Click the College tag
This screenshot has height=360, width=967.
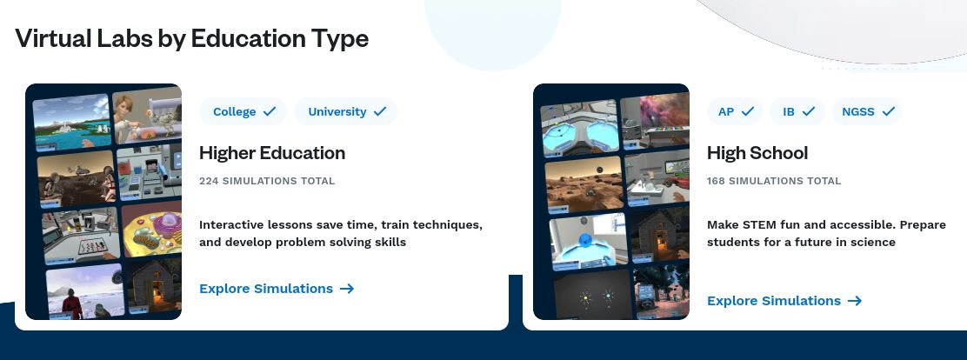pyautogui.click(x=243, y=111)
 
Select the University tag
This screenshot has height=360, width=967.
pyautogui.click(x=345, y=111)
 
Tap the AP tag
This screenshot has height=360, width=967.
pyautogui.click(x=735, y=111)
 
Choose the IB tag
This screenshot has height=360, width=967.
pyautogui.click(x=797, y=111)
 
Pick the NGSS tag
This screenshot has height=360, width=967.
pyautogui.click(x=866, y=111)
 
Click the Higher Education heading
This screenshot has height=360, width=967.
pyautogui.click(x=272, y=153)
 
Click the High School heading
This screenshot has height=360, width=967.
pyautogui.click(x=757, y=153)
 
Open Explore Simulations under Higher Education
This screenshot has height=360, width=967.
pyautogui.click(x=277, y=289)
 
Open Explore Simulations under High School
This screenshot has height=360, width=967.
pyautogui.click(x=784, y=301)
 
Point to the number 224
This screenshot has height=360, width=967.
pyautogui.click(x=209, y=181)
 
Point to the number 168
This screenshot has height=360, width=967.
pyautogui.click(x=716, y=181)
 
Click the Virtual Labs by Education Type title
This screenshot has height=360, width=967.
pyautogui.click(x=192, y=38)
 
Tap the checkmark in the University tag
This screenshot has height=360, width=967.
pyautogui.click(x=380, y=111)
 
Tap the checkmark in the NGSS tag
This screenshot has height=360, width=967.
pyautogui.click(x=888, y=111)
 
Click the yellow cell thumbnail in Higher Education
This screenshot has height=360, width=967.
pyautogui.click(x=151, y=230)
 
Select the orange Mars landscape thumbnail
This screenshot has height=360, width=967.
pyautogui.click(x=584, y=184)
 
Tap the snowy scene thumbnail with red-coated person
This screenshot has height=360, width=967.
pyautogui.click(x=85, y=291)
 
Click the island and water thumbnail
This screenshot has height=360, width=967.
pyautogui.click(x=71, y=122)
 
